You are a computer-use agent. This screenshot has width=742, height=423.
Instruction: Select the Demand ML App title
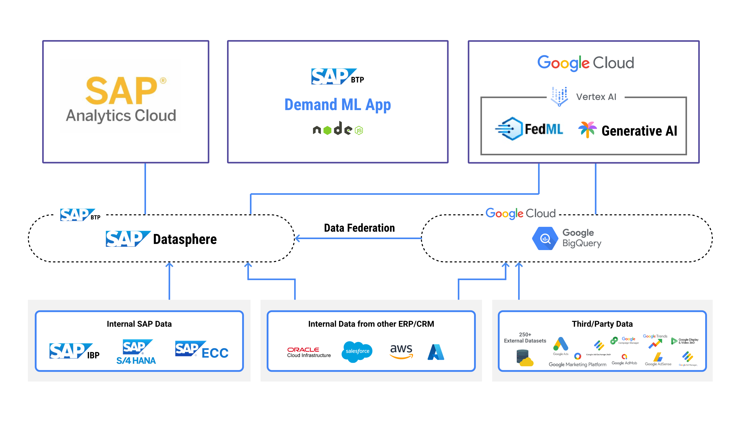338,105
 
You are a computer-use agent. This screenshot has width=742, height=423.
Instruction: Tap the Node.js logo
338,129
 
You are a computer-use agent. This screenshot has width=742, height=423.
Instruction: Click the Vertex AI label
596,97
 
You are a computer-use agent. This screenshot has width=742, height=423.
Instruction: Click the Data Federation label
359,228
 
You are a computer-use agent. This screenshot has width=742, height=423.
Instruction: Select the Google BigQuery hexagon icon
545,239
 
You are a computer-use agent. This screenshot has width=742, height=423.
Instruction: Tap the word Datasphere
185,239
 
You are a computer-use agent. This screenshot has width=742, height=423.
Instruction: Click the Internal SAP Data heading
139,324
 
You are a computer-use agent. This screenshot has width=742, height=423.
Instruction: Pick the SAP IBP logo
74,351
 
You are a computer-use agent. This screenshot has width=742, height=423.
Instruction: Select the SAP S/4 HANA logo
136,352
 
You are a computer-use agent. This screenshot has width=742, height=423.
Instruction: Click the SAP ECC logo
202,350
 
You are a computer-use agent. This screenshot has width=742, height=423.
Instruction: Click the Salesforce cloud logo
357,351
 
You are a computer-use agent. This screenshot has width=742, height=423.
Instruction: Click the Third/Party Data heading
602,324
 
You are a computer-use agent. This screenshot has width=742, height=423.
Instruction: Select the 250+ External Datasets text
525,338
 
